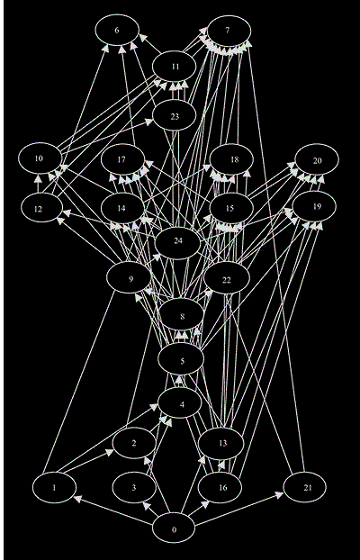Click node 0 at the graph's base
tap(174, 529)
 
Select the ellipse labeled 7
tap(229, 31)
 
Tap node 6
tap(117, 30)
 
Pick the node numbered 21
tap(304, 487)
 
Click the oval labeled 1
tap(54, 487)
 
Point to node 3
tap(134, 487)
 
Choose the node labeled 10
tap(40, 158)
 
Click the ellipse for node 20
tap(317, 159)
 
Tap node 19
tap(314, 206)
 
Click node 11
tap(174, 67)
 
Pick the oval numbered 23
tap(174, 116)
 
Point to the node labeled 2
tap(134, 443)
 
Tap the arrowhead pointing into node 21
tap(280, 494)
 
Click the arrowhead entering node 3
tap(146, 505)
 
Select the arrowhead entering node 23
tap(148, 122)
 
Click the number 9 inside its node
tap(131, 279)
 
